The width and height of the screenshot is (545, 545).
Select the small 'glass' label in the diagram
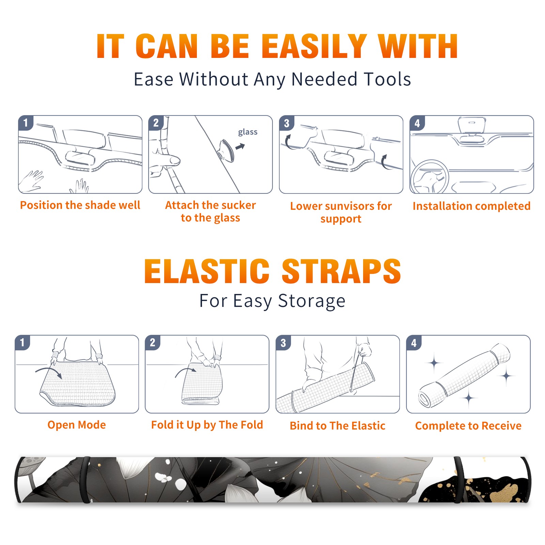pyautogui.click(x=248, y=132)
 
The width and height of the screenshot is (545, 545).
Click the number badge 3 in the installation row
pyautogui.click(x=286, y=123)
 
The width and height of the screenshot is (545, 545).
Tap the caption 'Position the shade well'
pyautogui.click(x=80, y=205)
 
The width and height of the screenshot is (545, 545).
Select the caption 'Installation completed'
pyautogui.click(x=471, y=206)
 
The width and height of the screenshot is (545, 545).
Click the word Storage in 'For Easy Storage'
pyautogui.click(x=312, y=301)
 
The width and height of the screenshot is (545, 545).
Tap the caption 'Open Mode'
pyautogui.click(x=77, y=425)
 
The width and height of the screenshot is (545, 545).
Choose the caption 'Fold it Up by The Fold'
pyautogui.click(x=207, y=425)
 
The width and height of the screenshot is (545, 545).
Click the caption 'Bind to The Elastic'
pyautogui.click(x=338, y=426)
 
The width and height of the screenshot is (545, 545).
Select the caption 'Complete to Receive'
pyautogui.click(x=468, y=426)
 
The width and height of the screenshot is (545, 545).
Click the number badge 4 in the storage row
pyautogui.click(x=414, y=343)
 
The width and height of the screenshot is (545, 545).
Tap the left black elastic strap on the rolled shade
pyautogui.click(x=85, y=480)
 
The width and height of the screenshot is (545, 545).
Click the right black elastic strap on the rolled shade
pyautogui.click(x=458, y=480)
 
